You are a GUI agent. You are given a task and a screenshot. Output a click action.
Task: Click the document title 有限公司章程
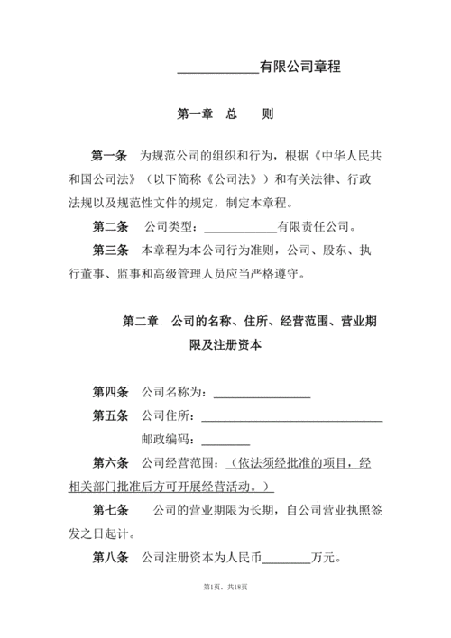point(299,67)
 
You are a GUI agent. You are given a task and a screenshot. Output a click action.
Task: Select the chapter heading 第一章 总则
point(225,114)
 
